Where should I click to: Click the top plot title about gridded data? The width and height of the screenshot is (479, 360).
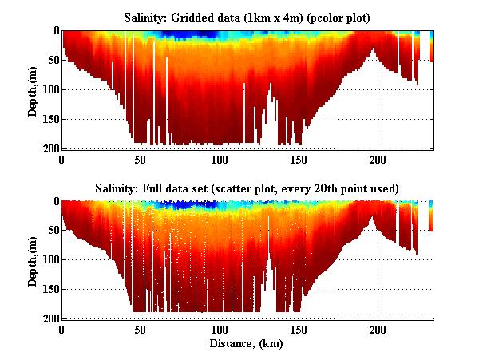247,17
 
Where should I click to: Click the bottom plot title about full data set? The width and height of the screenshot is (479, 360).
247,188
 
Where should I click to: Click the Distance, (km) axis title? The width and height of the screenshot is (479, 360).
247,345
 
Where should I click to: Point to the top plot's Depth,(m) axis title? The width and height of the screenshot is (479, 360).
33,89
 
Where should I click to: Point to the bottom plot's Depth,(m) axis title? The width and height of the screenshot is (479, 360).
33,260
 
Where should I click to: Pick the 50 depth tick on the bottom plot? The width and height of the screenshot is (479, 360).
51,231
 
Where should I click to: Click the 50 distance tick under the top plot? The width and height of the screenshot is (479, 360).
141,158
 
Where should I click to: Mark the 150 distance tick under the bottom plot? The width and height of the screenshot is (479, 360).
299,329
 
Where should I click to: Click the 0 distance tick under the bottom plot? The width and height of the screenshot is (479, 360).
61,329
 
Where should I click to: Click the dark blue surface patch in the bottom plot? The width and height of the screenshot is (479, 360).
192,205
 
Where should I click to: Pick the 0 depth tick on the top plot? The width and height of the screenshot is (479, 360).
53,30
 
